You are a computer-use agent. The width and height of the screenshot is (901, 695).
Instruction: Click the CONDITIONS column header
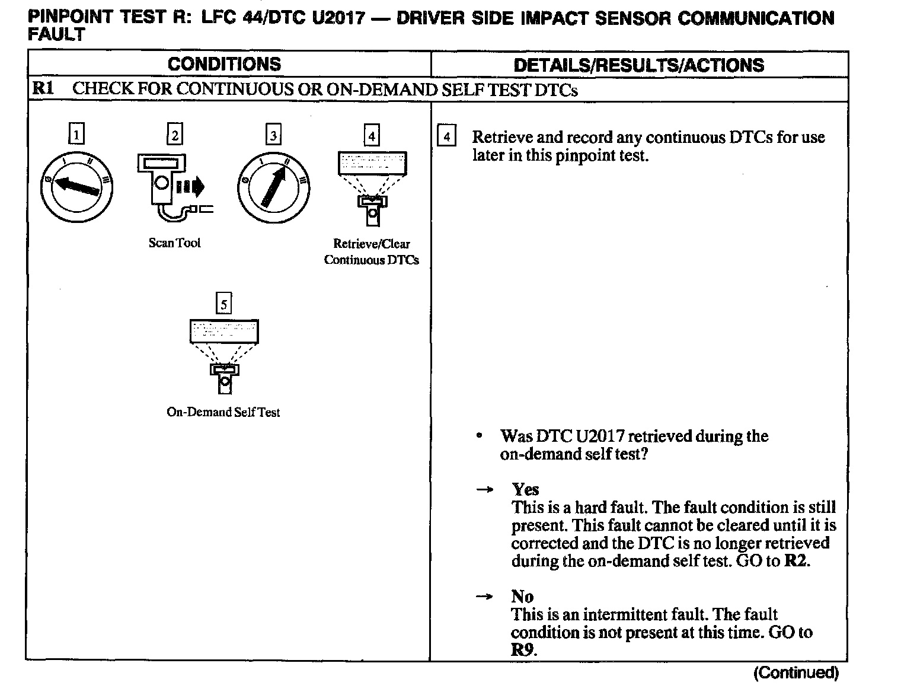(224, 64)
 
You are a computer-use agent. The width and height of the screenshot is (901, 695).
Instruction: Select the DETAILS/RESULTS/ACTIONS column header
(638, 65)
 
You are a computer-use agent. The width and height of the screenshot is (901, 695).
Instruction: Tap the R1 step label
(43, 89)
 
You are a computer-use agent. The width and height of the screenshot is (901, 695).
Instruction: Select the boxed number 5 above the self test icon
(223, 304)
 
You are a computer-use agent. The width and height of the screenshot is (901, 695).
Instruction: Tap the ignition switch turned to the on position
(273, 186)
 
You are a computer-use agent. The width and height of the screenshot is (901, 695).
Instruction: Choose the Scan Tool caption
(174, 243)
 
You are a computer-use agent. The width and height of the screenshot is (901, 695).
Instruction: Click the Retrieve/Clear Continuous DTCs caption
(372, 251)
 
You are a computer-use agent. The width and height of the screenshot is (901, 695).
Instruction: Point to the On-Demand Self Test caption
(223, 412)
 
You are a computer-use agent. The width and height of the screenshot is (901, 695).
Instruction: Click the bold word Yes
(525, 489)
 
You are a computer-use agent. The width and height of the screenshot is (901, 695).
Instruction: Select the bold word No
(522, 596)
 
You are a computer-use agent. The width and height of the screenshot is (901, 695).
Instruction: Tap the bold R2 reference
(795, 560)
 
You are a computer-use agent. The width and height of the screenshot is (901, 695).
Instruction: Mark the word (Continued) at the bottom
(795, 672)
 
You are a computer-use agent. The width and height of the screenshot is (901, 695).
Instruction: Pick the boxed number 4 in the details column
(446, 136)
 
